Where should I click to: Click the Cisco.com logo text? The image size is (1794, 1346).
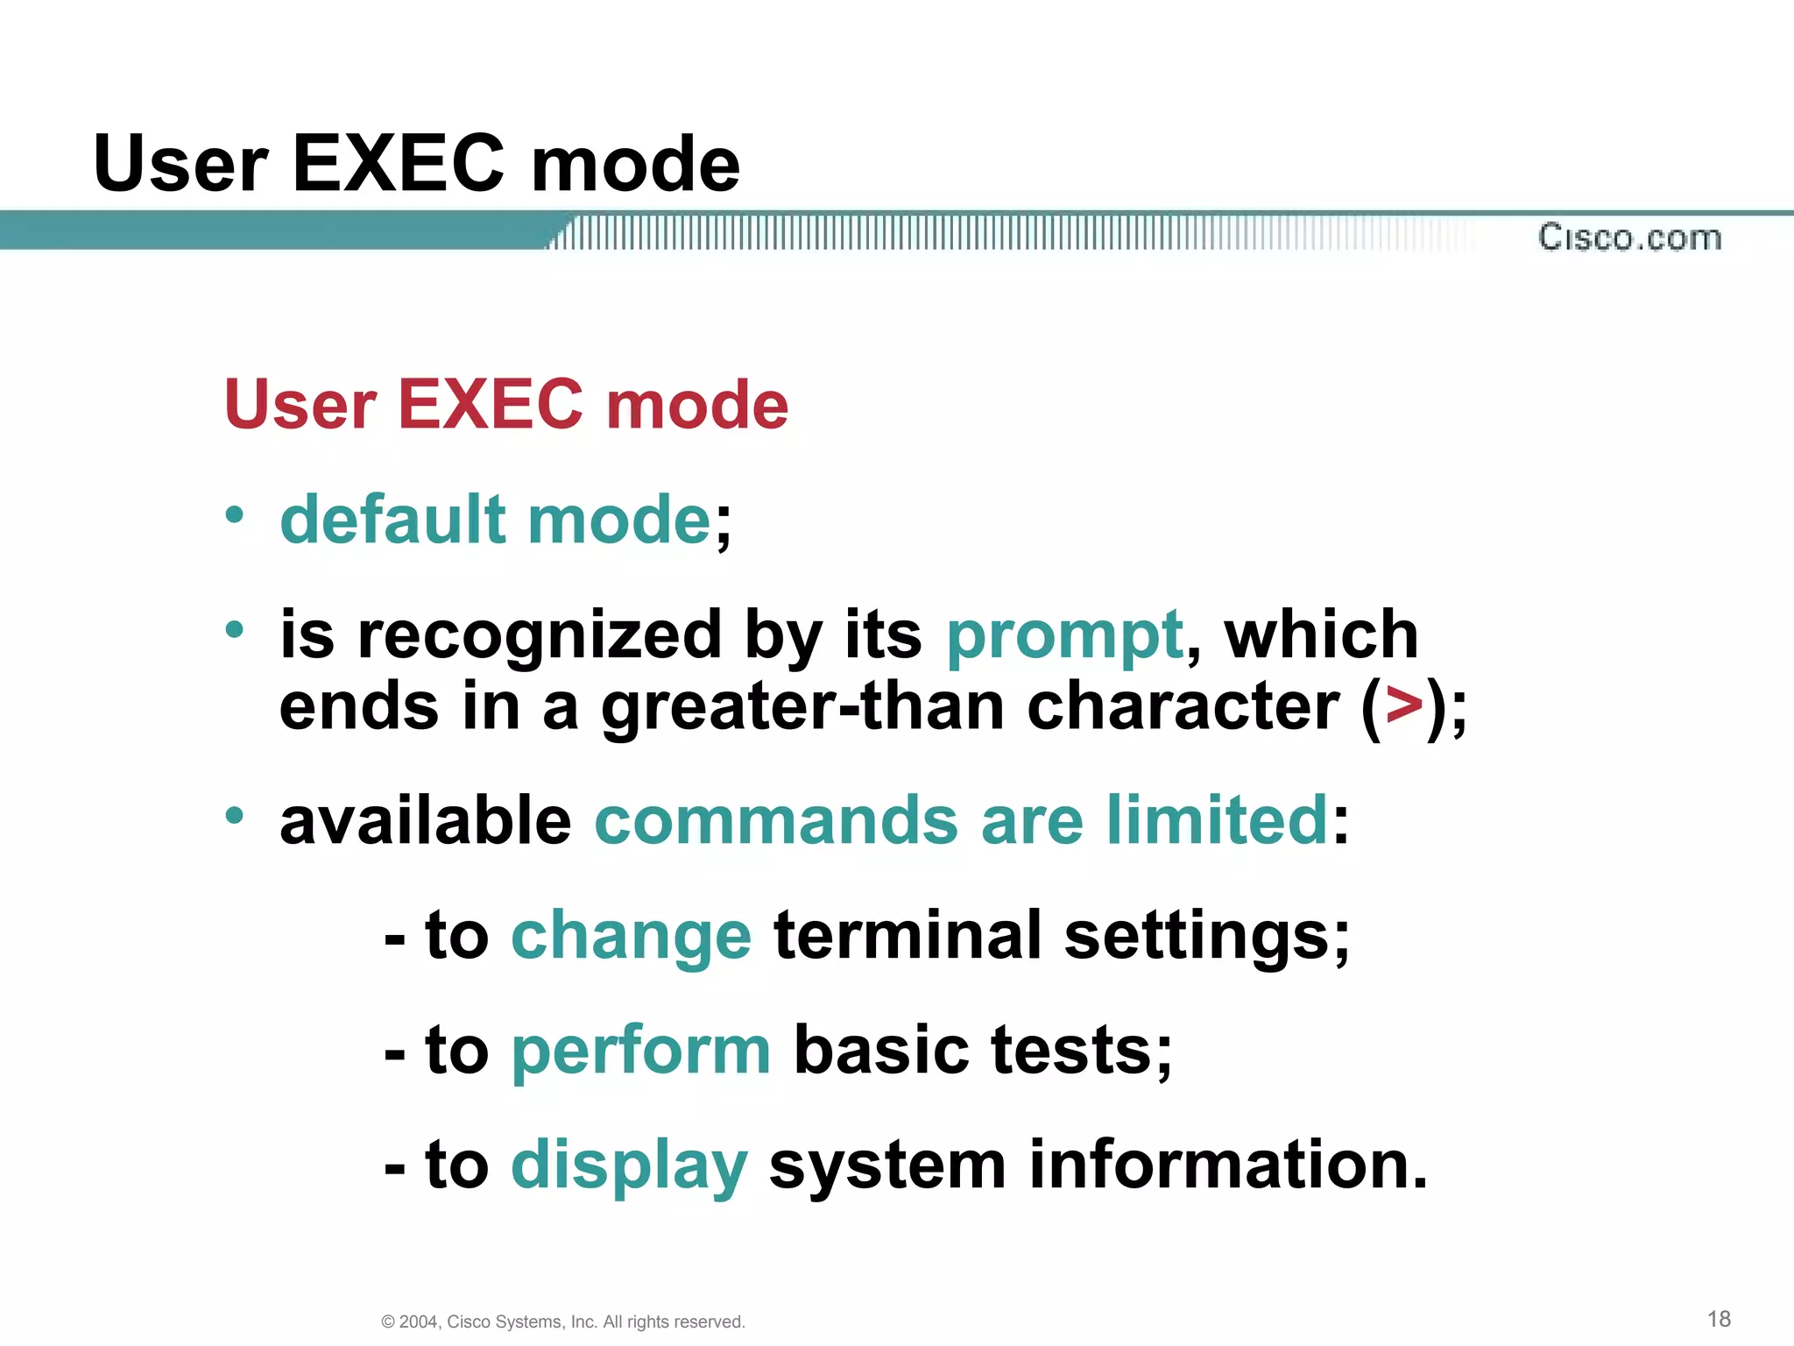(x=1629, y=237)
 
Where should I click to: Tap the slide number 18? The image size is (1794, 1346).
(x=1719, y=1319)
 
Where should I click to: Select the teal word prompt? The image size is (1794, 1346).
(x=1064, y=636)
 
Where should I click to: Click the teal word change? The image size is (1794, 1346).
(x=631, y=937)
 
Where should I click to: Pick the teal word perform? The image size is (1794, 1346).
(x=640, y=1052)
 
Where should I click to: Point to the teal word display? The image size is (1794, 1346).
(x=629, y=1166)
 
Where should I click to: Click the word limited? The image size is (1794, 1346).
(x=1218, y=820)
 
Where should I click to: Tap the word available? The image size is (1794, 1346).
(x=426, y=820)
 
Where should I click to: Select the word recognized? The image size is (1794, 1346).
(x=540, y=636)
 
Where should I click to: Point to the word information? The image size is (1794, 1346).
(x=1228, y=1165)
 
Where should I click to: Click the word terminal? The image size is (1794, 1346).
(x=908, y=935)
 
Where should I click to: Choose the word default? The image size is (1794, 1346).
(x=392, y=520)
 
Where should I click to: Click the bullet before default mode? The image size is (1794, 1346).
(x=234, y=514)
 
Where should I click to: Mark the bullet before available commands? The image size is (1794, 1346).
(x=234, y=816)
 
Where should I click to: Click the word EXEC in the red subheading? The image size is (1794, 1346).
(x=491, y=405)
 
